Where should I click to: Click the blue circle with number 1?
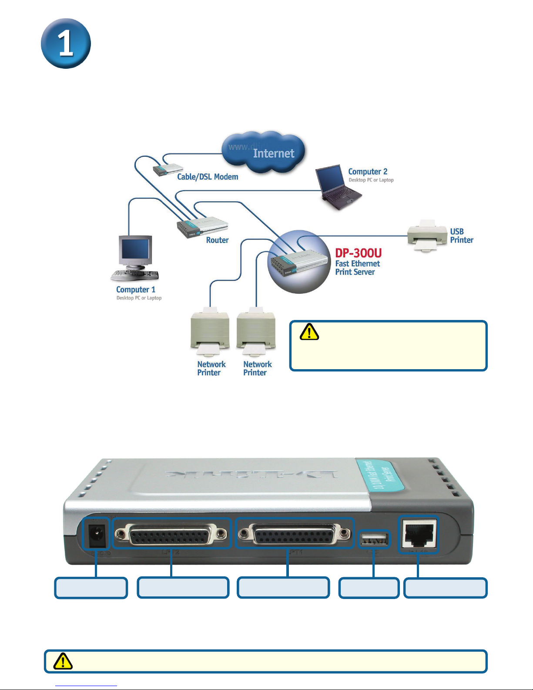click(x=66, y=44)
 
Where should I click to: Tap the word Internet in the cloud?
click(x=273, y=154)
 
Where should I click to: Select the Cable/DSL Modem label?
click(x=208, y=177)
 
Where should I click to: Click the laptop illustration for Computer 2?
click(x=337, y=186)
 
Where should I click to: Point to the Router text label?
click(x=217, y=240)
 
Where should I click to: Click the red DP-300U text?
click(x=358, y=253)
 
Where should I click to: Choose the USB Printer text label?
click(x=461, y=236)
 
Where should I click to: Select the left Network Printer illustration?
click(x=210, y=329)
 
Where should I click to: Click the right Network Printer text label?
click(x=257, y=368)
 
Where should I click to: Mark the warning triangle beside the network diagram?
click(x=309, y=332)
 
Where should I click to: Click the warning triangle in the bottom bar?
click(x=63, y=661)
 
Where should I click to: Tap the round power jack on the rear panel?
click(x=96, y=535)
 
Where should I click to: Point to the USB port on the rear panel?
click(x=374, y=540)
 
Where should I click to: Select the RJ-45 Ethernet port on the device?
click(x=418, y=535)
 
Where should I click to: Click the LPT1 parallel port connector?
click(x=295, y=533)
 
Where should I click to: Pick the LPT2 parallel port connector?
click(x=171, y=534)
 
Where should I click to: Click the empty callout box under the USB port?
click(x=369, y=588)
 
